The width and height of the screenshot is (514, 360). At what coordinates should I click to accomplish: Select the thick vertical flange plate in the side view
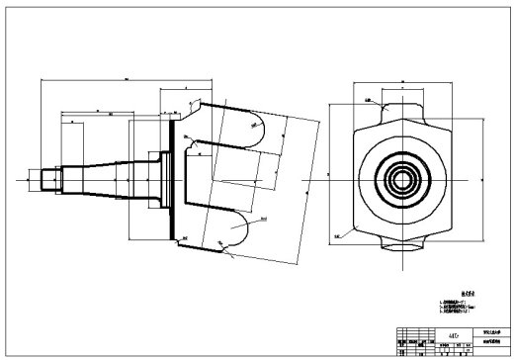pyautogui.click(x=175, y=178)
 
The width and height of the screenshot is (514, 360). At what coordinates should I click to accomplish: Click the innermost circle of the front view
pyautogui.click(x=400, y=180)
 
